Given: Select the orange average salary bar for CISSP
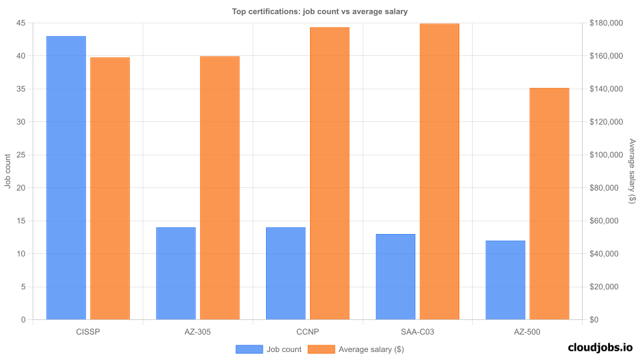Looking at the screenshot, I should point(110,189).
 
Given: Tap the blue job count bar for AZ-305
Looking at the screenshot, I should point(176,273).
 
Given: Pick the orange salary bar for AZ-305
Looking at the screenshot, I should point(220,188).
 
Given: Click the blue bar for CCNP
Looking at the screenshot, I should point(285,273).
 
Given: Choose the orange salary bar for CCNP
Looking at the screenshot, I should point(329,173).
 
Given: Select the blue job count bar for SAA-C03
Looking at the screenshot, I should point(395,277).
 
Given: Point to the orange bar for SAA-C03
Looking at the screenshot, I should point(439,171).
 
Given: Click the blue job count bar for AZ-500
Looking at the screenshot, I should point(505,280).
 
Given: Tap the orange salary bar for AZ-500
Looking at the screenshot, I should point(549,204).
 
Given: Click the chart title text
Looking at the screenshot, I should point(319,11).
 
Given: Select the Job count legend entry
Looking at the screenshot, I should point(269,349).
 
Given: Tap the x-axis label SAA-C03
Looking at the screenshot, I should point(417,331).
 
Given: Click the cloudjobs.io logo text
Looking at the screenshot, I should point(599,347).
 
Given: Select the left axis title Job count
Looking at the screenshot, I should point(8,171).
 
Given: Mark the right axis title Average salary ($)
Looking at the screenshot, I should point(632,171).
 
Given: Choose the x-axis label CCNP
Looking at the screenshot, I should point(307,331).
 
